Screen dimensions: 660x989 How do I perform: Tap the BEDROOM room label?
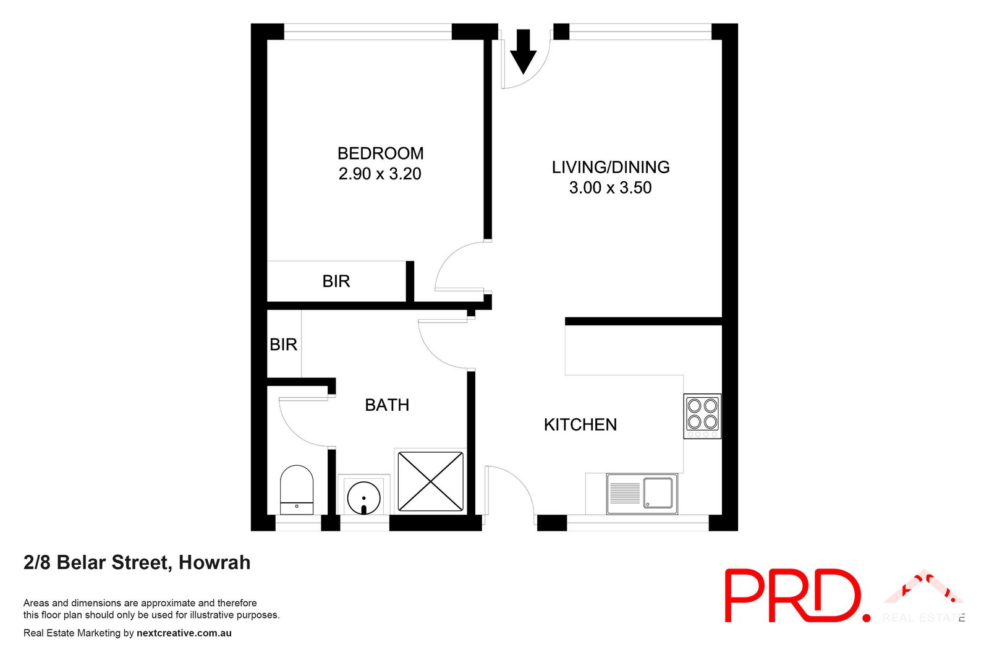tap(380, 153)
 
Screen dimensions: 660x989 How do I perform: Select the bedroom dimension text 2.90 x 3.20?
tap(380, 174)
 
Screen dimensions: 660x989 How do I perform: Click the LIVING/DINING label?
tap(610, 167)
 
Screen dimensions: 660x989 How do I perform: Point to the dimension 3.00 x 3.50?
tap(610, 187)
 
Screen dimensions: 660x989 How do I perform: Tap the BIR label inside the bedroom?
tap(336, 281)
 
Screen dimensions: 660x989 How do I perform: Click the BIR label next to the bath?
tap(283, 345)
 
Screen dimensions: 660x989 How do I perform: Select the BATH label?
tap(387, 405)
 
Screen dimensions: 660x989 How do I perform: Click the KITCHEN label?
tap(580, 425)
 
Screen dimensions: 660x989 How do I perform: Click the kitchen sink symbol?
tap(642, 494)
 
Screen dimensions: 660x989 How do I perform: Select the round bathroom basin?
tap(363, 497)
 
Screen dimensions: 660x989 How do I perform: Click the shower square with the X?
tap(430, 481)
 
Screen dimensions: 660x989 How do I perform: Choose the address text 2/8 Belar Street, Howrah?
tap(137, 562)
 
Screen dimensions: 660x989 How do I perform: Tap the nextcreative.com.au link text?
tap(184, 633)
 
